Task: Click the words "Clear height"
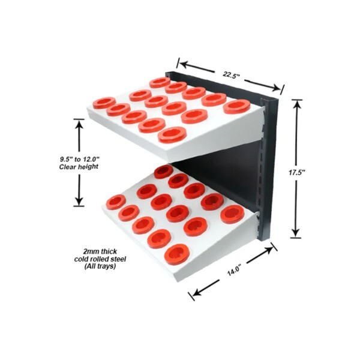click(x=79, y=166)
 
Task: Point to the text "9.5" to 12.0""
click(x=79, y=158)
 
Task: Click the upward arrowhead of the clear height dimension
click(x=79, y=122)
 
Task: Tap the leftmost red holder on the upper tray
click(x=104, y=103)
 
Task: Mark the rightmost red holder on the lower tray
click(x=232, y=214)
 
